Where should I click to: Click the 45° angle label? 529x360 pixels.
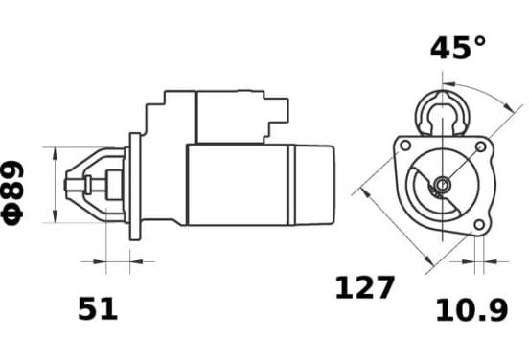click(x=458, y=48)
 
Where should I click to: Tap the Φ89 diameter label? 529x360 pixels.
click(x=12, y=192)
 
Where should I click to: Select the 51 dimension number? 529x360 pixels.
click(x=98, y=308)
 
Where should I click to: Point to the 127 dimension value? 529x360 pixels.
click(x=365, y=287)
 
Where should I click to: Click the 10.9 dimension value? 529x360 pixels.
click(x=471, y=310)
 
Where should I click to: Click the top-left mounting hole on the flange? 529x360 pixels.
click(x=405, y=146)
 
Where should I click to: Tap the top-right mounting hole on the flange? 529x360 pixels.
click(x=480, y=146)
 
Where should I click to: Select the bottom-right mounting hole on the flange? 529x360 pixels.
click(x=479, y=224)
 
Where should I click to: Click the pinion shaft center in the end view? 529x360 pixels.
click(x=442, y=185)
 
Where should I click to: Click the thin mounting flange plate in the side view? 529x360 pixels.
click(x=135, y=187)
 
